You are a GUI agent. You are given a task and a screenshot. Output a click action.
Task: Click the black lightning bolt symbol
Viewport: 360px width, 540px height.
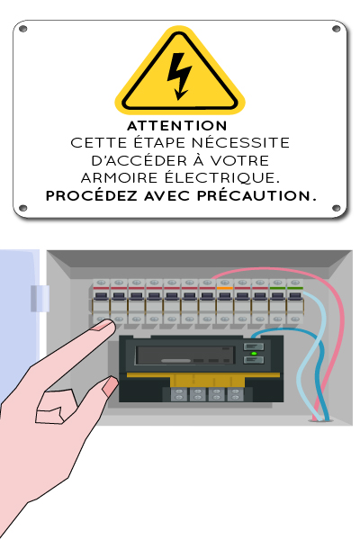click(x=179, y=76)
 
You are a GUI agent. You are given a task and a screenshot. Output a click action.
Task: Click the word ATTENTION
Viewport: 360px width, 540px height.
click(x=177, y=126)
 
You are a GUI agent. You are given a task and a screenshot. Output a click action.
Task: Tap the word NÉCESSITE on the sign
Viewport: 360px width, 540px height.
click(x=240, y=142)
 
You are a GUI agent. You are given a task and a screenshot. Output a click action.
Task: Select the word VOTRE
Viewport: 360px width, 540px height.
click(x=239, y=160)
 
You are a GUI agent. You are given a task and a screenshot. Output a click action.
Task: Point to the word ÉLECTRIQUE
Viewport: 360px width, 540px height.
click(x=222, y=177)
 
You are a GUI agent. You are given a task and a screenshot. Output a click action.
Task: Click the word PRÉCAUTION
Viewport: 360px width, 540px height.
click(x=256, y=195)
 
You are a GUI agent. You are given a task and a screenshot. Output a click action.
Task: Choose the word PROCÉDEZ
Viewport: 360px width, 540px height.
click(x=92, y=195)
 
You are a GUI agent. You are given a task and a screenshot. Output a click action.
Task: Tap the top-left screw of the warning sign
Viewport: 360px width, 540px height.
click(x=22, y=29)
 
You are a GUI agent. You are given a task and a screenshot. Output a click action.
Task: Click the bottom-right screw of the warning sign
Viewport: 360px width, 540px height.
click(x=337, y=208)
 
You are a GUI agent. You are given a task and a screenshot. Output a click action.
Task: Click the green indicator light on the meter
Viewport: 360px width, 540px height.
click(x=254, y=354)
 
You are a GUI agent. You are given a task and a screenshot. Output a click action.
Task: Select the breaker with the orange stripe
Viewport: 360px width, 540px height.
click(x=225, y=301)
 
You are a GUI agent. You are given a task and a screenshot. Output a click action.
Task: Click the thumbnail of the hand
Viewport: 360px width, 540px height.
click(x=111, y=385)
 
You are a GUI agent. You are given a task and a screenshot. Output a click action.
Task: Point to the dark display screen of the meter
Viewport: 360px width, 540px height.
click(x=185, y=355)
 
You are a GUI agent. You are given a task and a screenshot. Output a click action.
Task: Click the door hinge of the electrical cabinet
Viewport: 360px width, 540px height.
click(x=40, y=299)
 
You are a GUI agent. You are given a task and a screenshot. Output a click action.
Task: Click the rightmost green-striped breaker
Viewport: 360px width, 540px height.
click(x=295, y=301)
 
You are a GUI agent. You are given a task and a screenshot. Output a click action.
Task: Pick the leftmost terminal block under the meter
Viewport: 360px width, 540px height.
click(x=179, y=394)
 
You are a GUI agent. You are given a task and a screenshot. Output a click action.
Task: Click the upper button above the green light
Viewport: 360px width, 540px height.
click(x=254, y=346)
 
